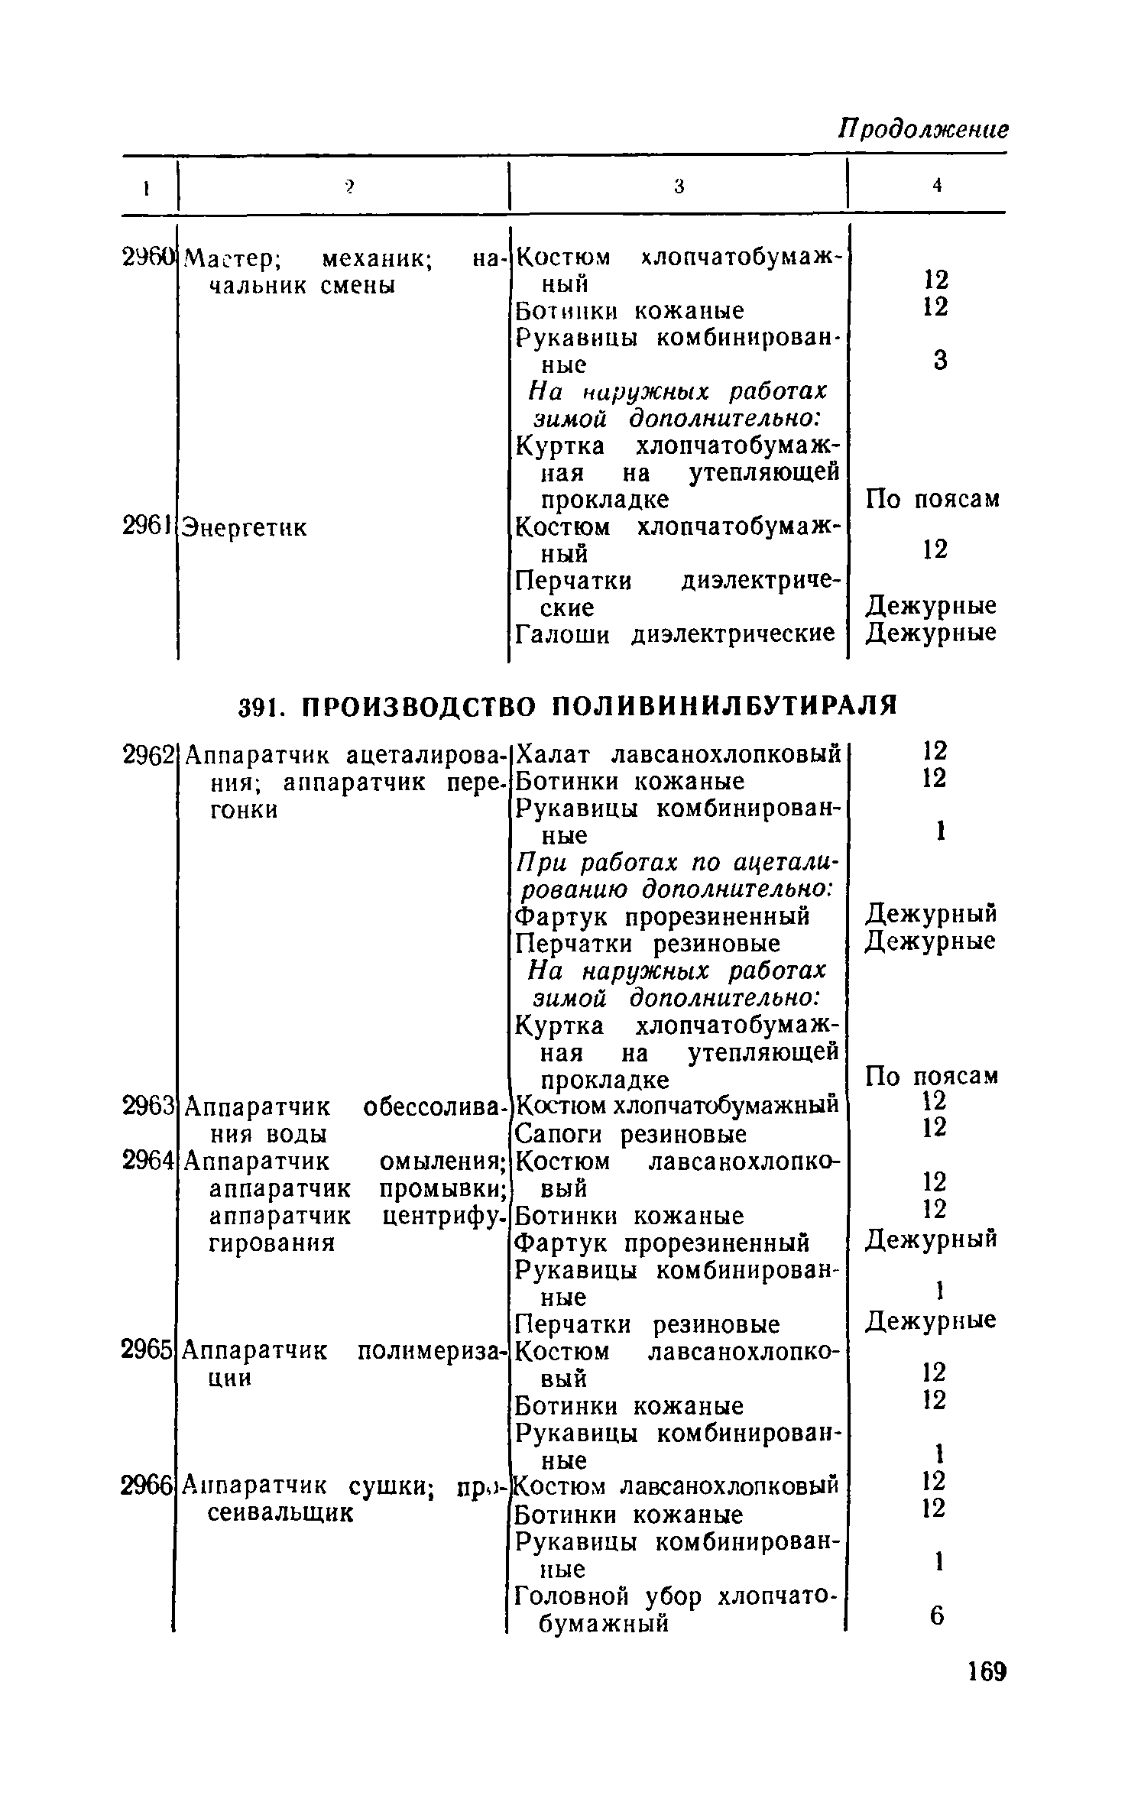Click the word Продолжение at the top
923,128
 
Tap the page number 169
984,1672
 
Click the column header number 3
678,186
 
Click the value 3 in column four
940,360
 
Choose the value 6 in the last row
937,1615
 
